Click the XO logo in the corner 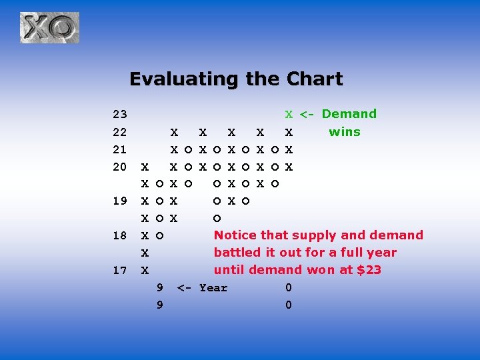pyautogui.click(x=49, y=28)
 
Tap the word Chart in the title pyautogui.click(x=315, y=79)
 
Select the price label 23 pyautogui.click(x=120, y=114)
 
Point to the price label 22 pyautogui.click(x=120, y=131)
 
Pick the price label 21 pyautogui.click(x=120, y=149)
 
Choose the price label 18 pyautogui.click(x=120, y=235)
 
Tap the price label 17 pyautogui.click(x=120, y=270)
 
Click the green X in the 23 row pyautogui.click(x=289, y=114)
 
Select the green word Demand pyautogui.click(x=349, y=114)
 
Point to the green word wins pyautogui.click(x=345, y=131)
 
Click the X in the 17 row pyautogui.click(x=145, y=270)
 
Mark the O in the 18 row pyautogui.click(x=159, y=235)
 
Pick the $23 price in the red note pyautogui.click(x=369, y=270)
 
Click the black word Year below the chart pyautogui.click(x=213, y=288)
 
